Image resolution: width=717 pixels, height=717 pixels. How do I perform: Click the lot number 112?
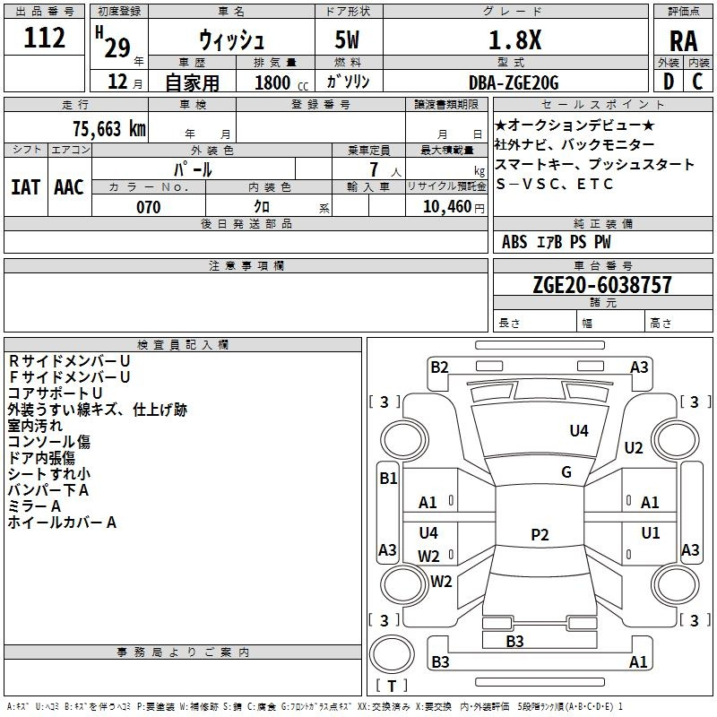point(45,38)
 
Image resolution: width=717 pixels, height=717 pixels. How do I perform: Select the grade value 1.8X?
point(514,39)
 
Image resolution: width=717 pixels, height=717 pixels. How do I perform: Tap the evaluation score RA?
point(683,41)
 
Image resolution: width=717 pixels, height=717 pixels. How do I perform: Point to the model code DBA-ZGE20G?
point(514,82)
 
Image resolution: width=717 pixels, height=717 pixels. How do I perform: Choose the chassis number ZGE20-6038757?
point(601,285)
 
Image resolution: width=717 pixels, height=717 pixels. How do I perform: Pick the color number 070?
point(148,207)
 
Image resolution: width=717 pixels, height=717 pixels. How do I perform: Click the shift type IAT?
point(25,186)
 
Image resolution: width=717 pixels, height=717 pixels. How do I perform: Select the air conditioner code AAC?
point(69,186)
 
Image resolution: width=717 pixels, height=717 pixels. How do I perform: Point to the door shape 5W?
point(349,39)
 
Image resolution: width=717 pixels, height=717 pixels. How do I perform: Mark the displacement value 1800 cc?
point(279,82)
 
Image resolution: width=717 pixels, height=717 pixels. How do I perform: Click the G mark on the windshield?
point(566,471)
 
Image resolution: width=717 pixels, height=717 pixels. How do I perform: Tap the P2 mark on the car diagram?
point(540,535)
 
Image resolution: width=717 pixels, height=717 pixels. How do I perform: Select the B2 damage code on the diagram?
point(439,367)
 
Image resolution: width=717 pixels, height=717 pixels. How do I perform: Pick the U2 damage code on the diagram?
point(634,447)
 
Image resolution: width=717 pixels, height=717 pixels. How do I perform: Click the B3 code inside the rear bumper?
point(514,641)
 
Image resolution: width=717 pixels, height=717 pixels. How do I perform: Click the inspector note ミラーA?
point(34,505)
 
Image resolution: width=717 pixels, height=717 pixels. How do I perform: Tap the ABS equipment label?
point(514,242)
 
